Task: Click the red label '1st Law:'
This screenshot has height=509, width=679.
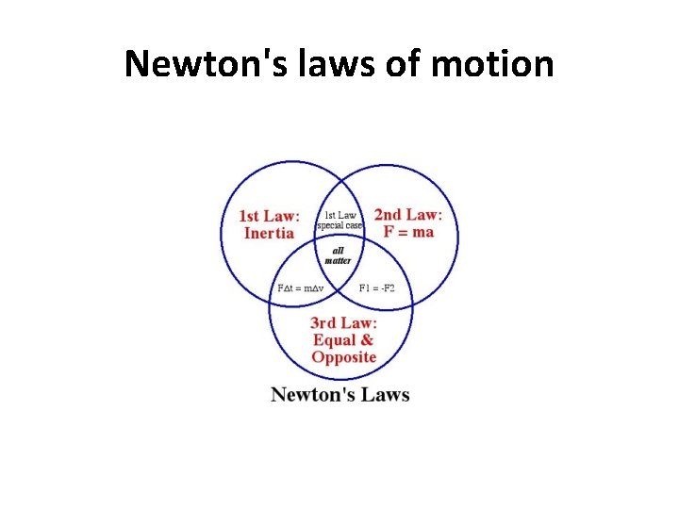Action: click(269, 216)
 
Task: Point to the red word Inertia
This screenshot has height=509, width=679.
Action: click(269, 233)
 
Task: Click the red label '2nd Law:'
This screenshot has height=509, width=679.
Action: click(408, 214)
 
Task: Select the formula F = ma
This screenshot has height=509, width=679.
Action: click(408, 231)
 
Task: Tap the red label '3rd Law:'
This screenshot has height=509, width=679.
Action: click(344, 323)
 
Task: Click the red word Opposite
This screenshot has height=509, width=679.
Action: click(344, 357)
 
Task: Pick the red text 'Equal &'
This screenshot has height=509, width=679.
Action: click(342, 340)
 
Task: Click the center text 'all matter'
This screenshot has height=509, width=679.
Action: click(338, 254)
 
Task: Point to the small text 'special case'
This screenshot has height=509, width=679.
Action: click(339, 225)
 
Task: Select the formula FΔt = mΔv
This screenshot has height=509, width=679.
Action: click(300, 287)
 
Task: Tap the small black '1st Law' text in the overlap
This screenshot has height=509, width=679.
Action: click(340, 215)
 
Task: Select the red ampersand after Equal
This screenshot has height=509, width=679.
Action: click(367, 340)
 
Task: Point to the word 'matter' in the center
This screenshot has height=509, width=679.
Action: click(338, 260)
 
